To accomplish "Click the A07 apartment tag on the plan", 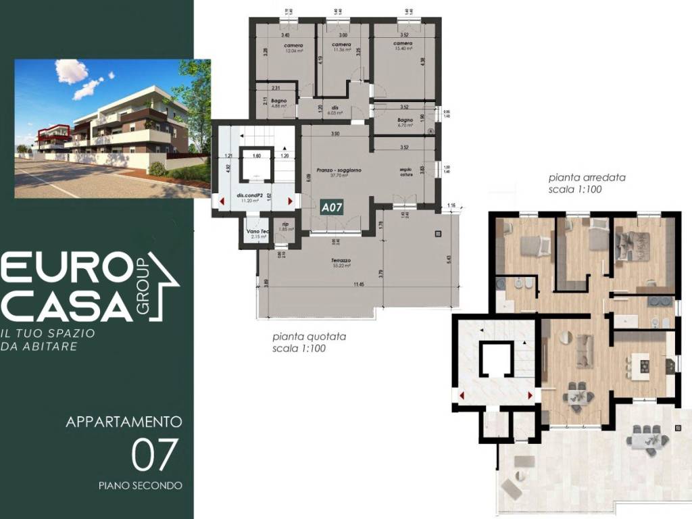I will pyautogui.click(x=332, y=207).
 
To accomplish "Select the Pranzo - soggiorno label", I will pyautogui.click(x=336, y=171).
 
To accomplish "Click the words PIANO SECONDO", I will pyautogui.click(x=140, y=485).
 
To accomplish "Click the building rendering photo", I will pyautogui.click(x=112, y=128).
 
